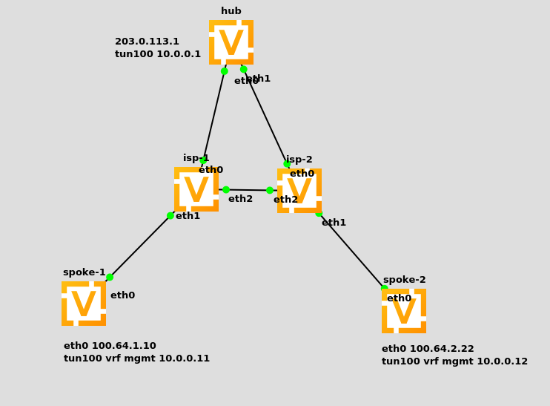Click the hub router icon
point(231,42)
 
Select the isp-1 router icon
point(196,189)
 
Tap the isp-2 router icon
point(299,191)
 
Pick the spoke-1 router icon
point(84,304)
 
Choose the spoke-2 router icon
point(404,311)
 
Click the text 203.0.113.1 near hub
point(147,42)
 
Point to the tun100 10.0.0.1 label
point(157,54)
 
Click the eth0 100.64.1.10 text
point(110,346)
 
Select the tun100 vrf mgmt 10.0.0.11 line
point(136,358)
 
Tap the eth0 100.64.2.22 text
point(428,349)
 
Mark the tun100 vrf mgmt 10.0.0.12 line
point(454,361)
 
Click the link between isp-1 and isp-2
point(248,190)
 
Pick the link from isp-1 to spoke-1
point(140,246)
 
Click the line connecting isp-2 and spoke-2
point(351,250)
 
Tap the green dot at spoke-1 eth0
point(110,277)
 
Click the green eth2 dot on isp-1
point(226,190)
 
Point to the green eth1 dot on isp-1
point(170,216)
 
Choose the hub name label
point(231,11)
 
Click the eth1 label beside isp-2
point(334,223)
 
